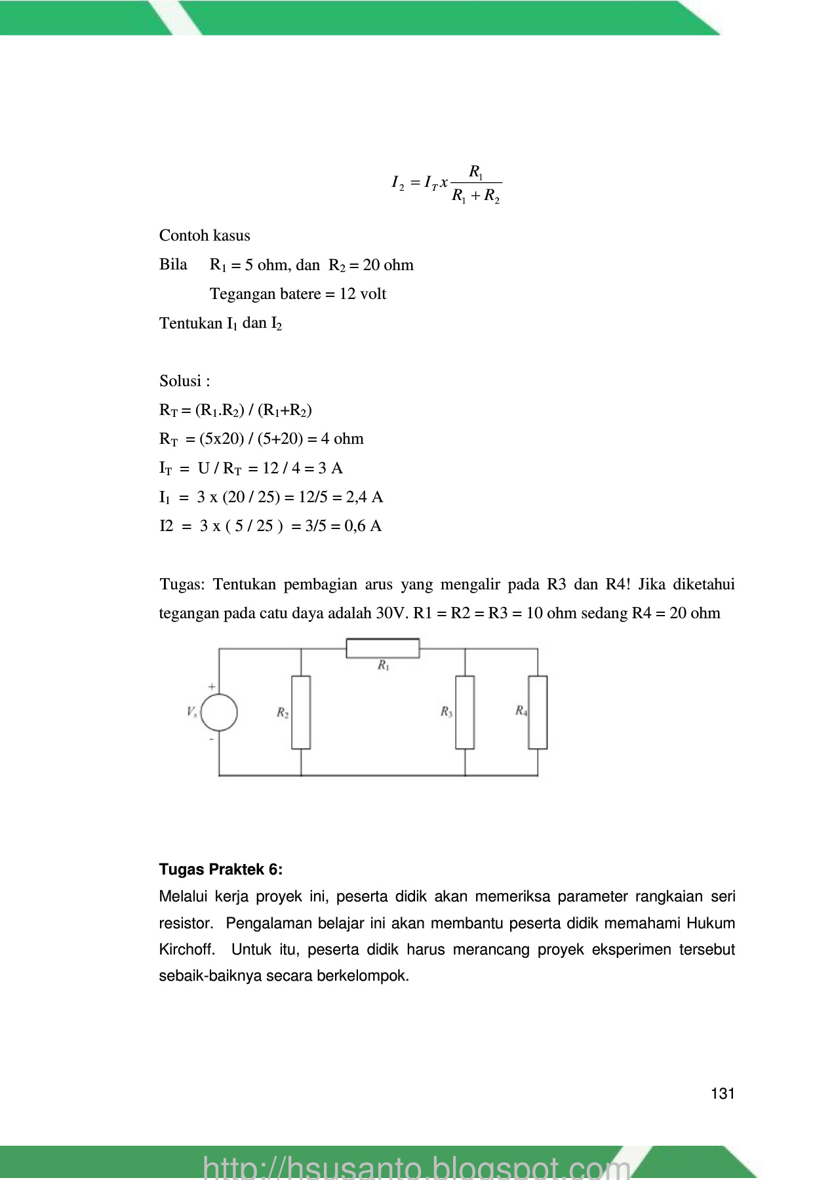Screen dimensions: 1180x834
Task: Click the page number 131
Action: (723, 1093)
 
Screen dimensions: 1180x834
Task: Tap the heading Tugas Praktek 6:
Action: (220, 870)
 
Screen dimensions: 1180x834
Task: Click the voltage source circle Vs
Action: (219, 713)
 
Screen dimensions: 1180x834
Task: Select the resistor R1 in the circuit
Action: (383, 648)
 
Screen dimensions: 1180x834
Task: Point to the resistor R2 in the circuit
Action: (301, 713)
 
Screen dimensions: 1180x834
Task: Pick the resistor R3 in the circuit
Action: (465, 713)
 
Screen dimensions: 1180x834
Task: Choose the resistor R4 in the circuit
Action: (538, 713)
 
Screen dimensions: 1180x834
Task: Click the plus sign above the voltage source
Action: (212, 686)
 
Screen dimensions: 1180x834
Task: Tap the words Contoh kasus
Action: (205, 235)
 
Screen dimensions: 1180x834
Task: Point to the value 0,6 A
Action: (363, 526)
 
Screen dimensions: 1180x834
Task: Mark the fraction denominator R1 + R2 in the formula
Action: (476, 197)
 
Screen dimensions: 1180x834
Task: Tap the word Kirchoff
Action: (186, 949)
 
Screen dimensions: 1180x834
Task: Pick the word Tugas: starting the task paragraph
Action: (182, 584)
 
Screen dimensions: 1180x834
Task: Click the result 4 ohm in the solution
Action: (342, 439)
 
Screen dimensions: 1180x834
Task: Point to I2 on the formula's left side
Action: (398, 183)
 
